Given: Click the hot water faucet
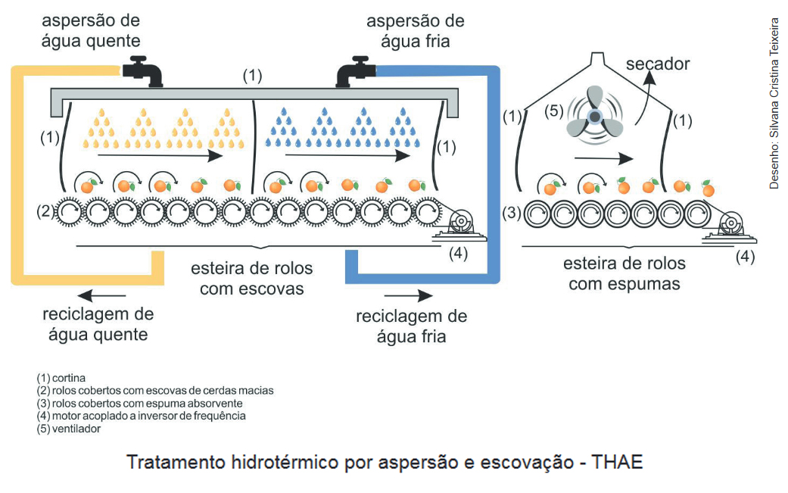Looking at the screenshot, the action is click(x=144, y=71).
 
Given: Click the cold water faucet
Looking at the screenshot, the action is click(x=356, y=72).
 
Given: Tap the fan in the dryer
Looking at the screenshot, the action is click(x=592, y=116).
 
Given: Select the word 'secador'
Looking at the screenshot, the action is click(x=657, y=64).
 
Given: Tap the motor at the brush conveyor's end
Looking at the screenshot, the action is click(x=459, y=223).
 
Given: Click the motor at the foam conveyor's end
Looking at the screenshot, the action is click(x=730, y=225).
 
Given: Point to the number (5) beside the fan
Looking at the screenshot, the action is click(x=556, y=111).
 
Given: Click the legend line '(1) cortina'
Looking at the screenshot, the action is click(x=61, y=377).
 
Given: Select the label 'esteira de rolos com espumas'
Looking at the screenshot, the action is click(x=624, y=273).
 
